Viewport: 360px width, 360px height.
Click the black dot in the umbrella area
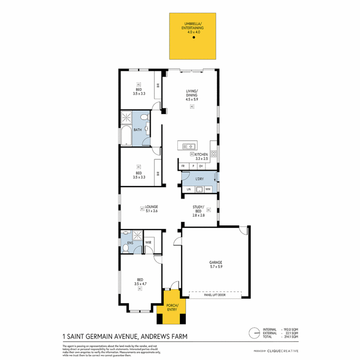(x=193, y=38)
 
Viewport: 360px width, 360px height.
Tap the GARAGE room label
(x=216, y=264)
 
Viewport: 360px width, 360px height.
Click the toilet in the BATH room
(x=144, y=117)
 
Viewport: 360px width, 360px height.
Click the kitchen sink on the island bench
(x=189, y=146)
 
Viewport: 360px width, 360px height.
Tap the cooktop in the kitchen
(x=214, y=154)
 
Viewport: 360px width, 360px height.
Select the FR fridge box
(x=183, y=166)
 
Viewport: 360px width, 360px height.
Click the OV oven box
(x=201, y=166)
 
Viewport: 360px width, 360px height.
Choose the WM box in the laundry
(x=208, y=189)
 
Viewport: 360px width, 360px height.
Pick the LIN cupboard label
(x=189, y=189)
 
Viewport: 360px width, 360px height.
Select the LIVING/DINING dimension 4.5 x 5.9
(x=192, y=99)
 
